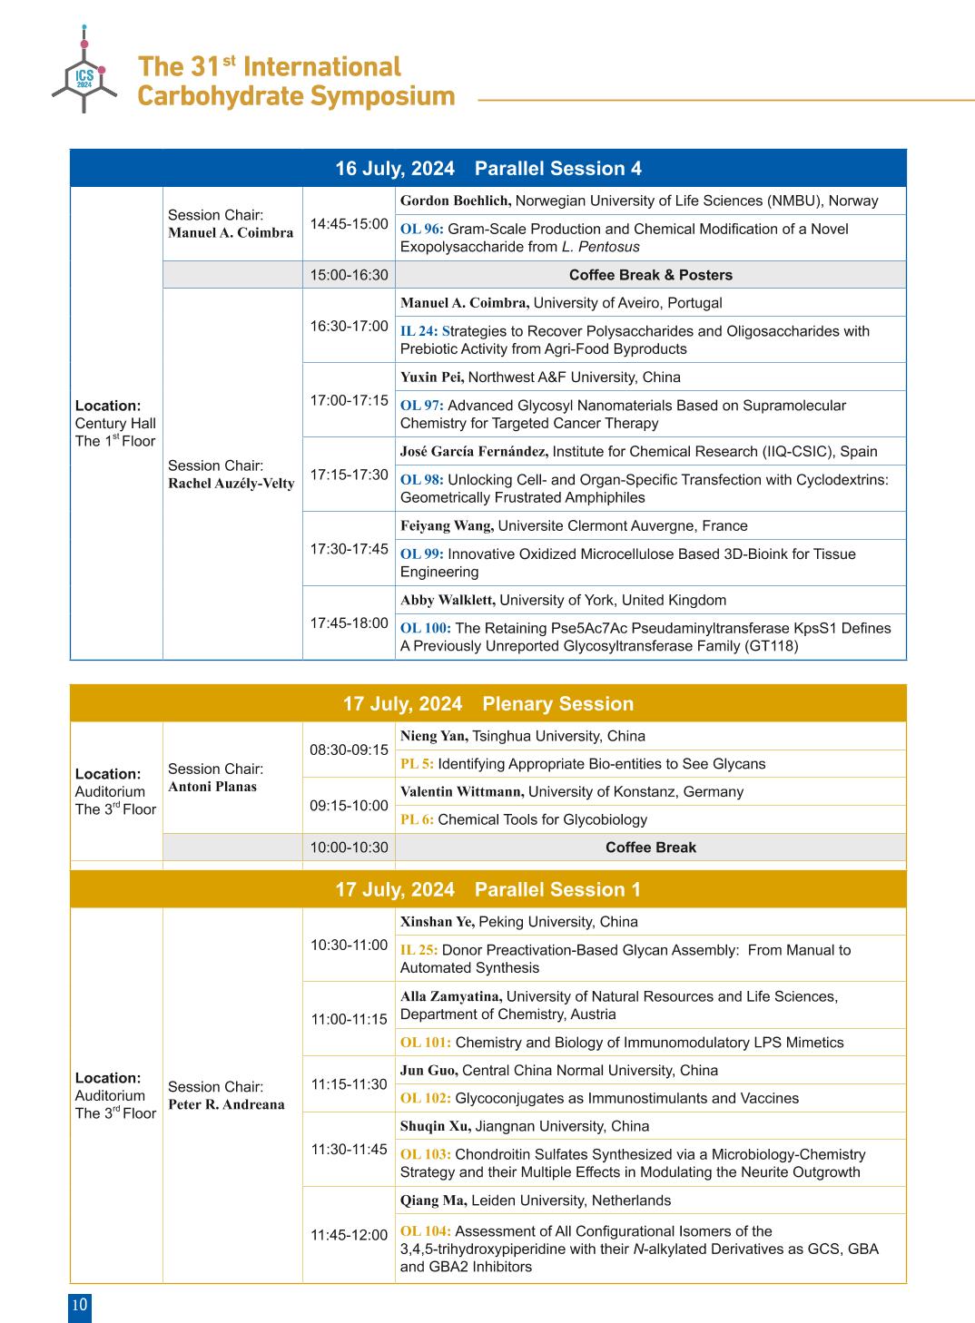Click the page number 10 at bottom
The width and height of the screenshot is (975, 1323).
pos(80,1306)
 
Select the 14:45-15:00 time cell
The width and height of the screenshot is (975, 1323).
pos(349,223)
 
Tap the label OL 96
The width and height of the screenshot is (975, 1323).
pos(421,229)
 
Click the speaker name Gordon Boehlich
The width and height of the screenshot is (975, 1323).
pos(455,201)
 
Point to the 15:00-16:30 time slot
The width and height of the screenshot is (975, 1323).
pos(349,275)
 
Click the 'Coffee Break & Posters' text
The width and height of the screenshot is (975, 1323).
pos(650,275)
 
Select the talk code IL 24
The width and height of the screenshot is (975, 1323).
pos(419,331)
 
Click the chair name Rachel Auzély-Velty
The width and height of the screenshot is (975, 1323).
pos(231,484)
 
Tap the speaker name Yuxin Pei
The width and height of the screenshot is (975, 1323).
pos(431,377)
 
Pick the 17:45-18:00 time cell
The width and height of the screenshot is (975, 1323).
pos(349,623)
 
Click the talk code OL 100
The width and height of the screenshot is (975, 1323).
pos(425,628)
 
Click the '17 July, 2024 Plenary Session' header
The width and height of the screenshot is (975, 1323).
pos(487,703)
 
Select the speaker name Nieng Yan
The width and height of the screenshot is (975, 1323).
pos(433,736)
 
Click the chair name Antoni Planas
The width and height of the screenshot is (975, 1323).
pos(212,787)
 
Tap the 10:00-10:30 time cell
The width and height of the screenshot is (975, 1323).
pos(349,848)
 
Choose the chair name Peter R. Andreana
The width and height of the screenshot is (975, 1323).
pos(226,1104)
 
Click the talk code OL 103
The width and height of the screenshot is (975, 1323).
pos(425,1154)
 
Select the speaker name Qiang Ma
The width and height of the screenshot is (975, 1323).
pos(433,1200)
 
